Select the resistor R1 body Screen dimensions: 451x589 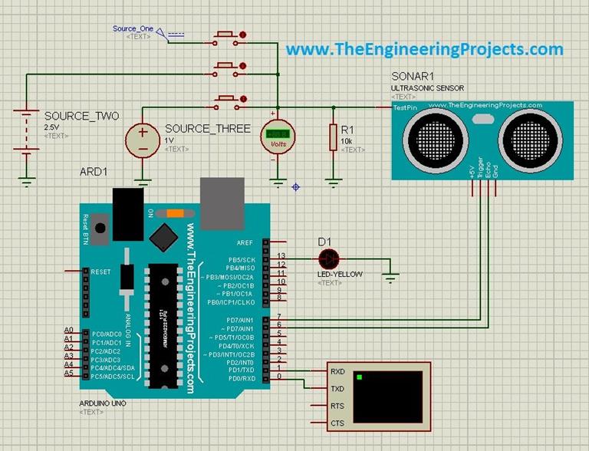click(x=333, y=137)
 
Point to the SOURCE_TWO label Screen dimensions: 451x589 click(x=81, y=116)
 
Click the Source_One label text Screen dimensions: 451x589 click(x=133, y=28)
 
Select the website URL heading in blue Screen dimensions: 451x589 click(x=425, y=50)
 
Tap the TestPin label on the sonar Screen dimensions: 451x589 click(x=405, y=109)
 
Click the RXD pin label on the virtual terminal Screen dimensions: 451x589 click(x=337, y=372)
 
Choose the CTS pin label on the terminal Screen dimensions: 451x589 click(x=337, y=423)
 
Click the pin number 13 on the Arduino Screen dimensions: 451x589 click(x=281, y=255)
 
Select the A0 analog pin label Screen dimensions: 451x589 click(x=68, y=330)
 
